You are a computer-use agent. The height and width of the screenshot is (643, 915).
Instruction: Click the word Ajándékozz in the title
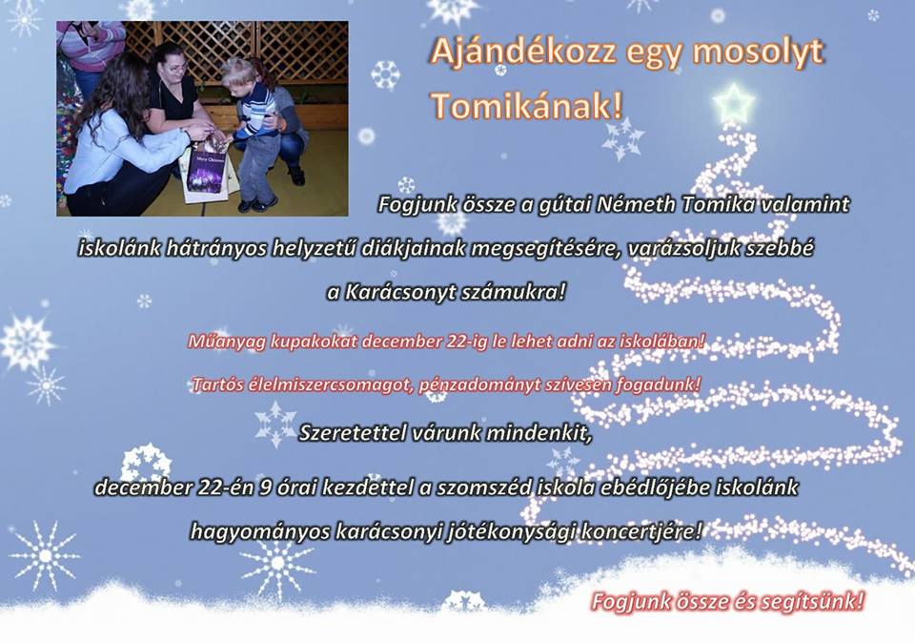523,52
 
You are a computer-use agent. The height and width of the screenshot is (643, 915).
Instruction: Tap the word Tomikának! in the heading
527,106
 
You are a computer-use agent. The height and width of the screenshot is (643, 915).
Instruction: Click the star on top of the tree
734,103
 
